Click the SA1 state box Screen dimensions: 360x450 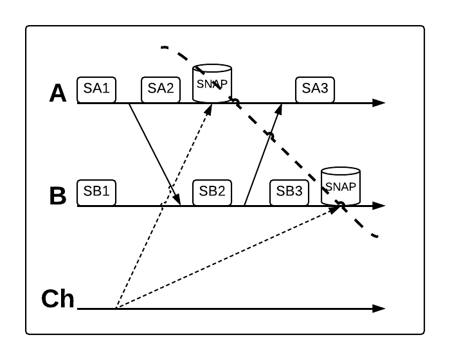[96, 89]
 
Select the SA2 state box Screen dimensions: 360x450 [161, 89]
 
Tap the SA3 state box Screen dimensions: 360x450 [315, 89]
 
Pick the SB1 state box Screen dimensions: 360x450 [96, 192]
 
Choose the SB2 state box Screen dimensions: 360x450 [212, 192]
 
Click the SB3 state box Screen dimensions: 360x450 [289, 192]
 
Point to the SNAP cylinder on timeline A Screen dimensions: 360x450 [212, 83]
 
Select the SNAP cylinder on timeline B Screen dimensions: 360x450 [341, 186]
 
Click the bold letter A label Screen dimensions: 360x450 [58, 93]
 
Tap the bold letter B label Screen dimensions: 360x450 [58, 195]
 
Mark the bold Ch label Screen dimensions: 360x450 [58, 298]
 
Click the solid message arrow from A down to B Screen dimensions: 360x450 [154, 154]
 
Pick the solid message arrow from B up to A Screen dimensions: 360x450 [262, 154]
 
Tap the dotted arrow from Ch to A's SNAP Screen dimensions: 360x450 [164, 206]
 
